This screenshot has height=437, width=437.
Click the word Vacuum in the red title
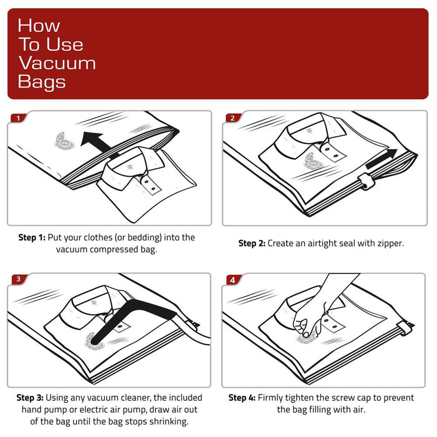(57, 63)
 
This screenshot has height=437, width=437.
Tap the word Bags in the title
(42, 82)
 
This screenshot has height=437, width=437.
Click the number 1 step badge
(19, 118)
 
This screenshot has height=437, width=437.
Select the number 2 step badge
(233, 118)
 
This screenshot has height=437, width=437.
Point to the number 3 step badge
(19, 280)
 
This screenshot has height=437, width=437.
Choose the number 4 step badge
(233, 280)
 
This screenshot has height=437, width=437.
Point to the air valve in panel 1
(62, 141)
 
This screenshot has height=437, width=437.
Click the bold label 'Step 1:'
(32, 238)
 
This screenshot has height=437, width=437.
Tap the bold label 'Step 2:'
(252, 243)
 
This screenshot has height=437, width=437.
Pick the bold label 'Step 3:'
(30, 398)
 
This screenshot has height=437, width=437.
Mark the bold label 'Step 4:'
(242, 398)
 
